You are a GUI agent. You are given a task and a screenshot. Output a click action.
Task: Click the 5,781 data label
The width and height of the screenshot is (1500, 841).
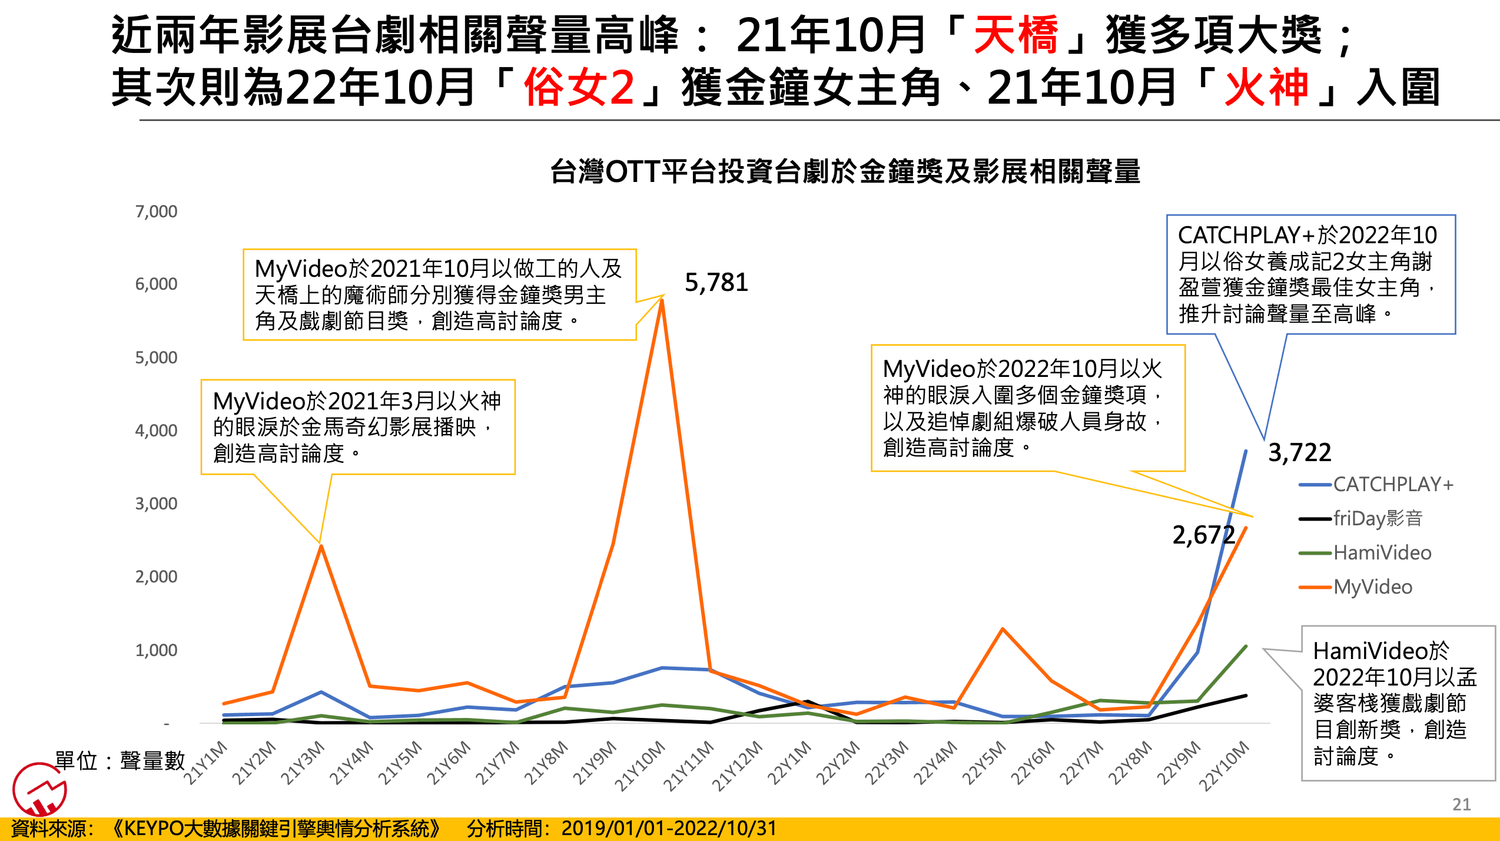point(716,283)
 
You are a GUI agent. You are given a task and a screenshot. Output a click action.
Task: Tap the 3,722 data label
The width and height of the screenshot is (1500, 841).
point(1299,453)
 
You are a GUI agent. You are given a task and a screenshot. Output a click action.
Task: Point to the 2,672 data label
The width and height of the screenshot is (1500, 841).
point(1203,535)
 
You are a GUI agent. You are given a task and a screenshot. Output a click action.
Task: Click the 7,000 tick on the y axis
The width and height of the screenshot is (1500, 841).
point(156,211)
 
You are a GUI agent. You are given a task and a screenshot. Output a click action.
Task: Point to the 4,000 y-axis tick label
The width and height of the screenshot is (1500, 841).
point(156,431)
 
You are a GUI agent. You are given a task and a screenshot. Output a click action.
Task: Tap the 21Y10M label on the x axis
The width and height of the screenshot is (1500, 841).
point(641,765)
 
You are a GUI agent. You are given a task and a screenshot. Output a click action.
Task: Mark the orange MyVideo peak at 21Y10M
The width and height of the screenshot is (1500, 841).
point(662,300)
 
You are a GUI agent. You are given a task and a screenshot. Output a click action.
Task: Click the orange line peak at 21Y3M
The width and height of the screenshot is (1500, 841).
point(321,546)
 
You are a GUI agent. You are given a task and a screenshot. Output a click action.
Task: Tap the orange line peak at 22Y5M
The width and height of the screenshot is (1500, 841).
point(1003,629)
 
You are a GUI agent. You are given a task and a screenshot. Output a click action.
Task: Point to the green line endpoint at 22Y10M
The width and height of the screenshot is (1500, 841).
point(1246,647)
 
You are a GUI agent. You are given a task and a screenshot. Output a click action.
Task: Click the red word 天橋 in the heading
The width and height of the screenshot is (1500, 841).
point(1016,35)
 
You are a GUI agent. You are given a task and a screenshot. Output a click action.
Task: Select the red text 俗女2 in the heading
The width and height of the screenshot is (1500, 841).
point(579,87)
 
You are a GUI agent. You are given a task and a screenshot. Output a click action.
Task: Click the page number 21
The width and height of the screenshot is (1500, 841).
point(1461,804)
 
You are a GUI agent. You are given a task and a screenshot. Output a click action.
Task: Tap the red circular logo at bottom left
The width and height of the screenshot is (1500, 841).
point(39,789)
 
